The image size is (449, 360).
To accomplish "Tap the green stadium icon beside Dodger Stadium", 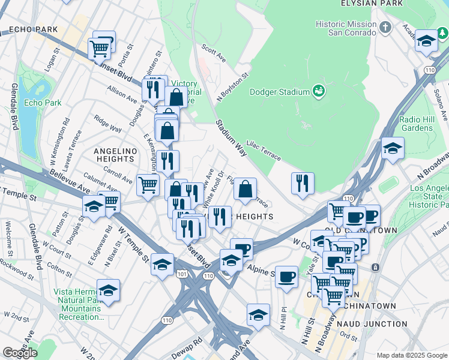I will point(319,92).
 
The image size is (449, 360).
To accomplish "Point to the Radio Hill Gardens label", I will point(416,124).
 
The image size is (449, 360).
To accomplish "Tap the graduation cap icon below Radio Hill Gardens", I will point(392,148).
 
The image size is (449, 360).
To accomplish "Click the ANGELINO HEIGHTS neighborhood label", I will point(115,155).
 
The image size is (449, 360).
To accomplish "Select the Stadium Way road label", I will point(232,139).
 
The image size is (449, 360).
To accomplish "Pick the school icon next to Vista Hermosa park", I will point(108,290).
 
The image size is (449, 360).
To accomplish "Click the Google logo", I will point(20,353).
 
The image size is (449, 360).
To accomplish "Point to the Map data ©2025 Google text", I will point(412,355).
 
